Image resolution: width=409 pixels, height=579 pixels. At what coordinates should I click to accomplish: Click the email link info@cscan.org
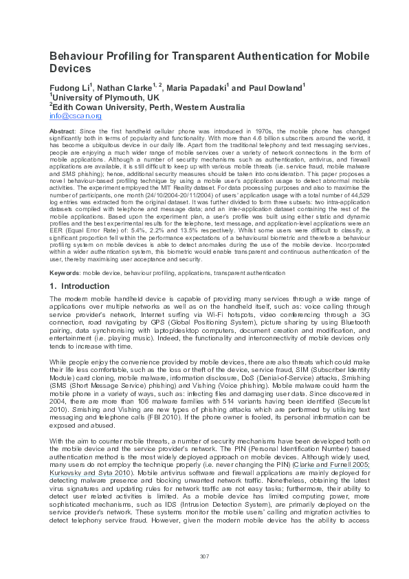coord(75,116)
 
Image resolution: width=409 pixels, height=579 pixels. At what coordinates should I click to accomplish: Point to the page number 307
coord(204,556)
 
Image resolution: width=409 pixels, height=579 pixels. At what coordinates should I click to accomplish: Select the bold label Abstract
coord(63,131)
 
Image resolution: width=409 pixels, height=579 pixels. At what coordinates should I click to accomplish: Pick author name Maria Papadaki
coord(199,89)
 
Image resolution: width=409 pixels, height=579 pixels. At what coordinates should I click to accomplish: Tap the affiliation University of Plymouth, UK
coord(101,98)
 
